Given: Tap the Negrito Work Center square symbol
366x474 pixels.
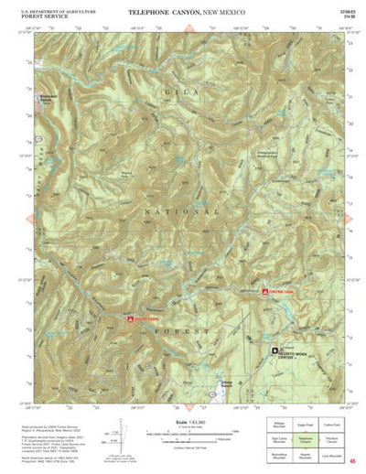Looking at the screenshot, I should point(271,350).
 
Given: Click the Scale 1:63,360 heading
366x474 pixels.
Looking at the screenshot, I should point(181,421).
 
